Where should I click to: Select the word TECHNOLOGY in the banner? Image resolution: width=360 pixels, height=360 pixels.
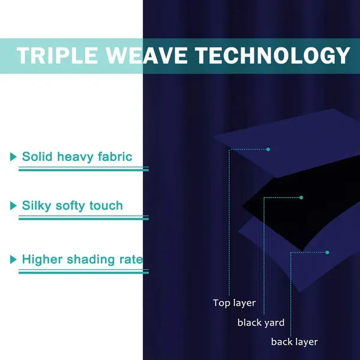tap(273, 55)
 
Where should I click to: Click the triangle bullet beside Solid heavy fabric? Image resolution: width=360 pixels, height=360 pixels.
tap(13, 157)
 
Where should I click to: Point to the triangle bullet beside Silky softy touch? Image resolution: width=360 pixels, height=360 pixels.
tap(13, 206)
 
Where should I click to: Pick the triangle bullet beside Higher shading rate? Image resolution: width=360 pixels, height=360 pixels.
tap(13, 260)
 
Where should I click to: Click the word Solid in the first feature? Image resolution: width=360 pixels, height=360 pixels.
tap(37, 157)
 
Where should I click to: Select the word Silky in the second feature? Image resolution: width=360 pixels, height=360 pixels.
tap(37, 206)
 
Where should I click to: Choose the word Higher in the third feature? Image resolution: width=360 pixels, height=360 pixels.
tap(42, 260)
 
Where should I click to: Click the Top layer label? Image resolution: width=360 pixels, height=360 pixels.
tap(234, 303)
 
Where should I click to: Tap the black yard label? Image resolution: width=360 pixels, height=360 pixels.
tap(261, 323)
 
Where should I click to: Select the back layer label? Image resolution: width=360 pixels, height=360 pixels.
tap(295, 342)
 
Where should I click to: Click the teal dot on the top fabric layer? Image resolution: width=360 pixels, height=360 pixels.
tap(268, 149)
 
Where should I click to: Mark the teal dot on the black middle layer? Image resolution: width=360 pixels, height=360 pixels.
tap(301, 197)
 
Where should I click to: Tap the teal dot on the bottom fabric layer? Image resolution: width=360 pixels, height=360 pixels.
tap(327, 253)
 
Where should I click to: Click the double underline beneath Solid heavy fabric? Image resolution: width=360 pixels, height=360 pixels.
tap(83, 169)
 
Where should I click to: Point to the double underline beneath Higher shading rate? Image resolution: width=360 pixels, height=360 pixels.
tap(83, 272)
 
